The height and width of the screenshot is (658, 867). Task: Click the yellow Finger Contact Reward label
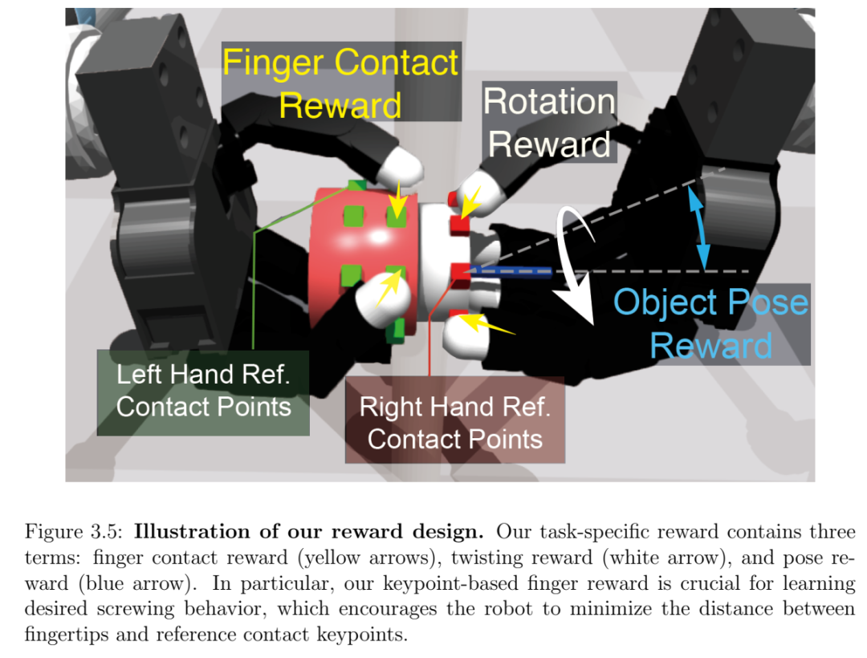[x=341, y=83]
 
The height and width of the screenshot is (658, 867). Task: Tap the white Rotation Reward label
[x=550, y=123]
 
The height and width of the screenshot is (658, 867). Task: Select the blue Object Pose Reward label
[x=711, y=323]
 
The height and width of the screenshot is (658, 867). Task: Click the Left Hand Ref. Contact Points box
[x=203, y=392]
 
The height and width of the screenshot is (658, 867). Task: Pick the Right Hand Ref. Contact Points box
[x=455, y=420]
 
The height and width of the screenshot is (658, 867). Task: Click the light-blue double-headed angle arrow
[x=698, y=226]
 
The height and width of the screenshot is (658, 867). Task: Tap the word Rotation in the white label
[x=550, y=101]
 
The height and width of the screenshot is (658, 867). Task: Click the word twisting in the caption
[x=486, y=558]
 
